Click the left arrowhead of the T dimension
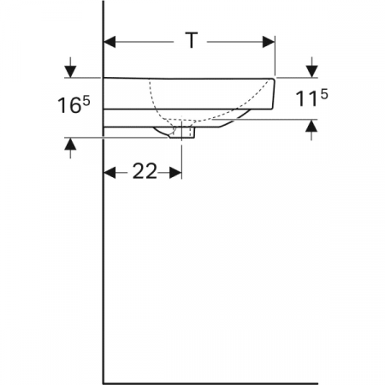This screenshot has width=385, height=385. pos(110,40)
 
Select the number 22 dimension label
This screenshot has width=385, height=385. pos(145,171)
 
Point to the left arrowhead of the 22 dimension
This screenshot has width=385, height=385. pos(110,172)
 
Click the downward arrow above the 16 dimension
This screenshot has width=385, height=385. pos(69,68)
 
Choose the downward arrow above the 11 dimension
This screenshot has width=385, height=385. pos(313,68)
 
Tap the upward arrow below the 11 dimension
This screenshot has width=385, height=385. pos(313,127)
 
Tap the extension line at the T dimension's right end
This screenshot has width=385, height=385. pos(275,60)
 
